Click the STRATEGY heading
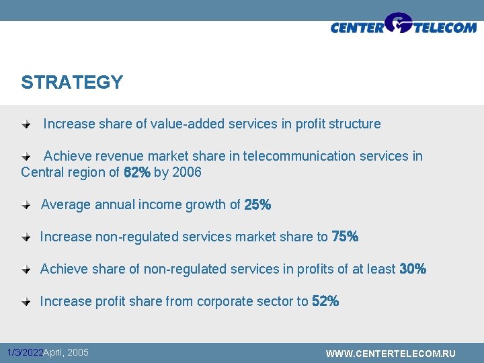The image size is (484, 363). pyautogui.click(x=72, y=83)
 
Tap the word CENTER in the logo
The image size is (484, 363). pyautogui.click(x=357, y=28)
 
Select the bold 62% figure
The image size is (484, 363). pyautogui.click(x=136, y=173)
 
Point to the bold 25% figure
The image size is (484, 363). pyautogui.click(x=257, y=205)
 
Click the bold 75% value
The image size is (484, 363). pyautogui.click(x=345, y=237)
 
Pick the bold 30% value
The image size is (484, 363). pyautogui.click(x=413, y=270)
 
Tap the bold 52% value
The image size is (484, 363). pyautogui.click(x=325, y=302)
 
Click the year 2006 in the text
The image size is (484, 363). pyautogui.click(x=187, y=173)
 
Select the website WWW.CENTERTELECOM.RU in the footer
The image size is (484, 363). pyautogui.click(x=391, y=354)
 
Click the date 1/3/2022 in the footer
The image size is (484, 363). pyautogui.click(x=24, y=353)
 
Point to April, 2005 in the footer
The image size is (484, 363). pyautogui.click(x=66, y=353)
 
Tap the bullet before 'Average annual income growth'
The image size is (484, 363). pyautogui.click(x=25, y=205)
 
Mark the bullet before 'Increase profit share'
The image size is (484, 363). pyautogui.click(x=25, y=302)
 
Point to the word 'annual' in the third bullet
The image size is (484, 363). pyautogui.click(x=115, y=205)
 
